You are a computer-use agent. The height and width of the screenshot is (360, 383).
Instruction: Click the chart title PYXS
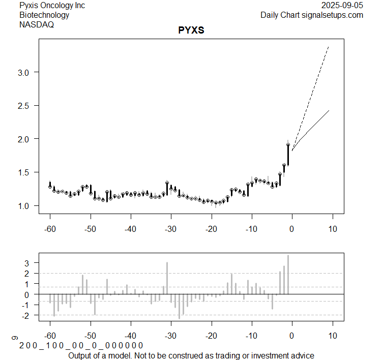pos(191,30)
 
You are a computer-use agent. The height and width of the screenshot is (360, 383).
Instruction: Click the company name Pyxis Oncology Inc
pos(52,6)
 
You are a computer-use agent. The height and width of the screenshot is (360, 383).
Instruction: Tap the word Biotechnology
pos(44,15)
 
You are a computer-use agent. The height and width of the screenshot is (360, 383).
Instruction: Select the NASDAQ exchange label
pos(37,24)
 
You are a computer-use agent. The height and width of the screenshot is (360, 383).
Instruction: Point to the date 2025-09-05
pos(342,6)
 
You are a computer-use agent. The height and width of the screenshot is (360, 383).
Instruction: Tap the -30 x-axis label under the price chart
pos(171,229)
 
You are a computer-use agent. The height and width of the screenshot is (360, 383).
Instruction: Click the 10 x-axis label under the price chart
pos(332,229)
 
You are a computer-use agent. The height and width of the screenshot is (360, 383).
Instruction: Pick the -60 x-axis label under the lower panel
pos(50,336)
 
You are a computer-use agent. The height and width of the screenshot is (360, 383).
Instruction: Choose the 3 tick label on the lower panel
pos(28,263)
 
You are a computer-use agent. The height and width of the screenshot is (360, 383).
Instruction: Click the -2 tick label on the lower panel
pos(26,316)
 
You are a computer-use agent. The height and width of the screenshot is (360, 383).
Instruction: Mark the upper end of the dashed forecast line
pos(329,47)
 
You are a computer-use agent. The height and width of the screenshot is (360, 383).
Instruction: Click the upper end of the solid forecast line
pos(329,110)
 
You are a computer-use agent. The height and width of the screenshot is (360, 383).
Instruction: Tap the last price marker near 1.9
pos(288,145)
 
